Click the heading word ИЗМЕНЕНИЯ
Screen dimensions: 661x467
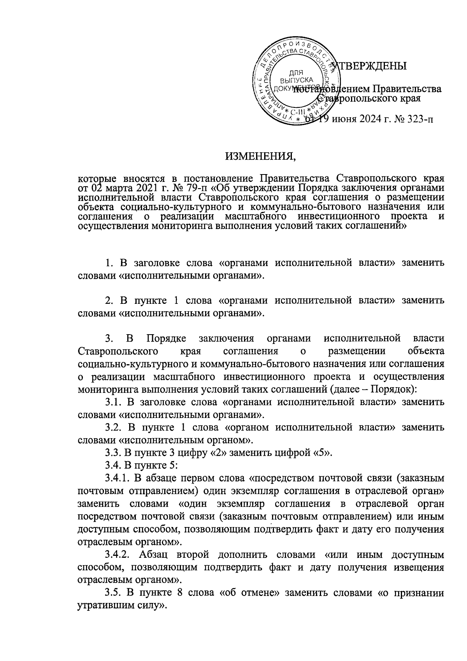coord(261,157)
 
